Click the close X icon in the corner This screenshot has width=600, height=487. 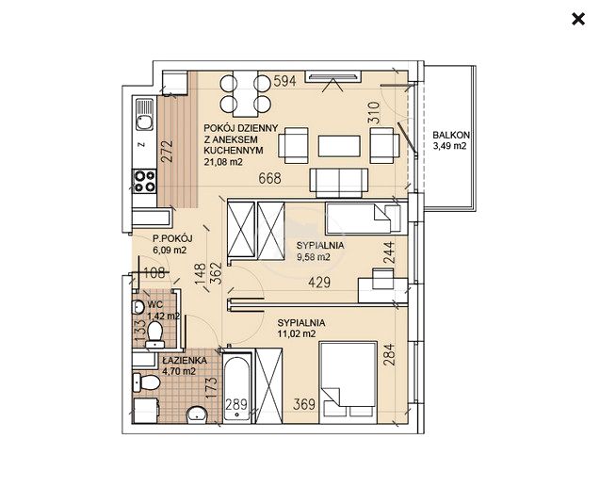pos(577,19)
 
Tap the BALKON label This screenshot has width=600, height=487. pos(451,135)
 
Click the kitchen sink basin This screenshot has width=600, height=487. pos(145,122)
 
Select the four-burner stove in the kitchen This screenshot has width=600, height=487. pos(145,181)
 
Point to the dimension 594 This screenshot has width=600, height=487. pos(284,81)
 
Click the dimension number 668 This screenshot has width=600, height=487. pos(269,178)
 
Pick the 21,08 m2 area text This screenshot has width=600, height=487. pos(223,162)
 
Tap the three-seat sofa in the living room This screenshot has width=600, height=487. pos(339,183)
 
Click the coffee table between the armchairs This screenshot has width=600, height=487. pos(339,146)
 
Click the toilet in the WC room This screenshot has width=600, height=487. pos(155,334)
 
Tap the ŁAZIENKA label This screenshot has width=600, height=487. pos(185,361)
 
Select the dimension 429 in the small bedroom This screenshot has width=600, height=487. pos(319,283)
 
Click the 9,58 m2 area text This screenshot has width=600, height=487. pos(314,257)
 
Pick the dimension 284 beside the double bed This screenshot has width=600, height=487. pos(389,354)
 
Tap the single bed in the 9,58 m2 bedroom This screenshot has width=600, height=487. pos(363,219)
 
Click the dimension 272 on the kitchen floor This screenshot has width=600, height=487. pos(167,152)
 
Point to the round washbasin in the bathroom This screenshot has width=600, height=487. pos(197,414)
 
